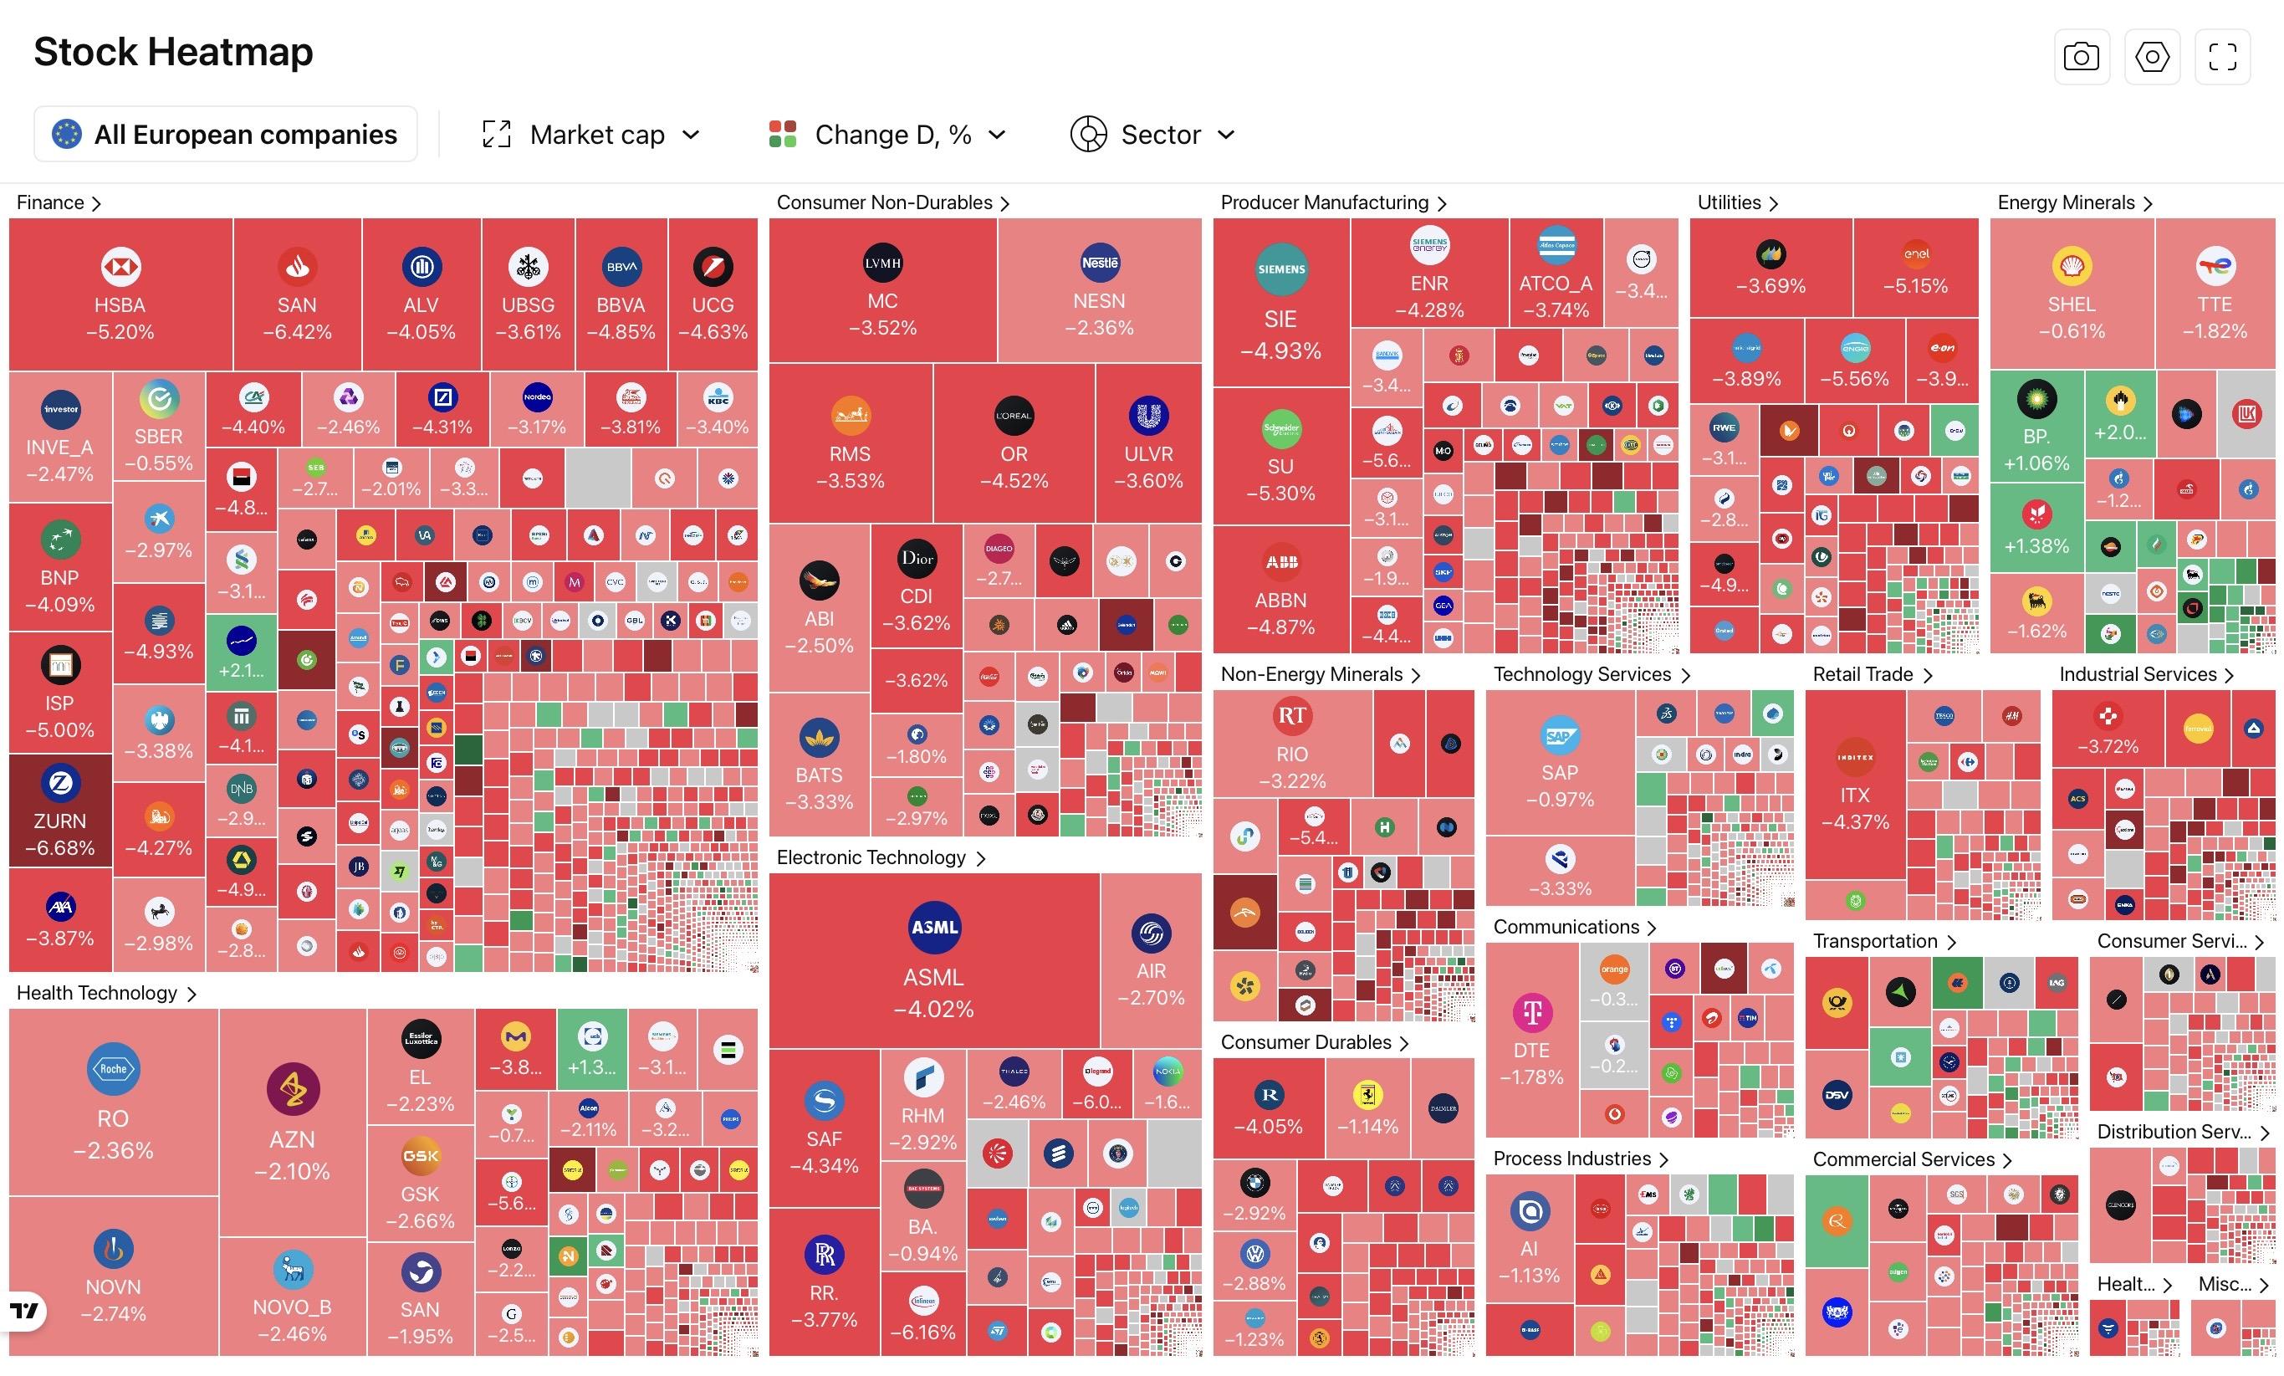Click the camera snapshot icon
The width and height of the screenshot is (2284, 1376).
(x=2081, y=57)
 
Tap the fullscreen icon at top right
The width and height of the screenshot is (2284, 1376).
(x=2222, y=57)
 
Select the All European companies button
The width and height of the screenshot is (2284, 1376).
(x=225, y=135)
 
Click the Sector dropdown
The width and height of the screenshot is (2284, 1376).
(x=1153, y=135)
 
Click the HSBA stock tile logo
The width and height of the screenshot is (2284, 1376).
(x=120, y=267)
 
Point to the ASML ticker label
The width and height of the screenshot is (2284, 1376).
(x=933, y=977)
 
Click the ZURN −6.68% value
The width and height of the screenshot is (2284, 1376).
(x=60, y=848)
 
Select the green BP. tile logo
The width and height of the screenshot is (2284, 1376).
(x=2036, y=400)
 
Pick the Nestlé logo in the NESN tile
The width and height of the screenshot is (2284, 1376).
(x=1100, y=263)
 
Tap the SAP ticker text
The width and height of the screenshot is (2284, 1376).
(x=1559, y=772)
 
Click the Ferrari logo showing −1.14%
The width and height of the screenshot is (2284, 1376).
(x=1367, y=1095)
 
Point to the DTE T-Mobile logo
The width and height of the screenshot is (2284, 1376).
(x=1531, y=1011)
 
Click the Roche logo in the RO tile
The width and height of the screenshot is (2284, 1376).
(x=113, y=1069)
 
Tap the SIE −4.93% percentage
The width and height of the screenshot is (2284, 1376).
(x=1280, y=351)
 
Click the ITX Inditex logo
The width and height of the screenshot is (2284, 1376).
(x=1855, y=758)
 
